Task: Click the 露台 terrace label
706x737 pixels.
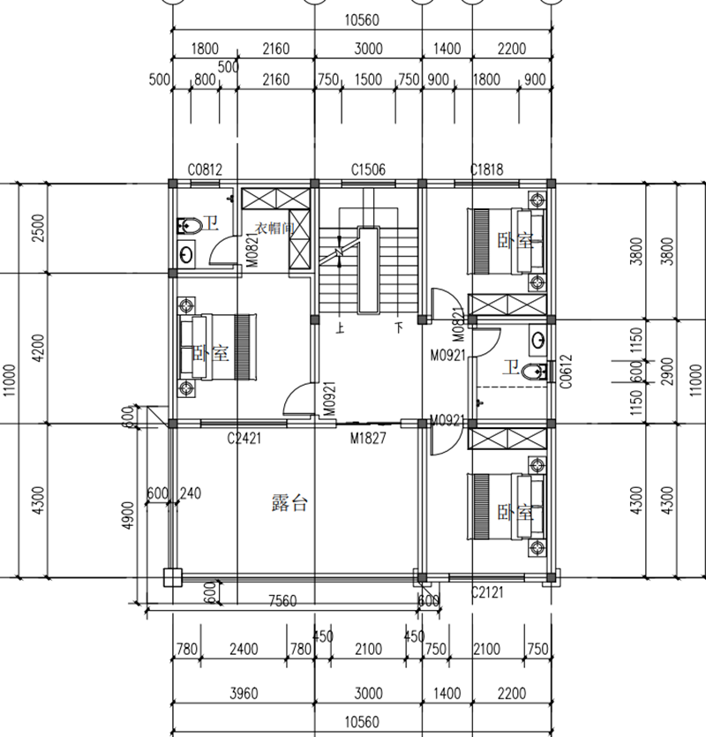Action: pyautogui.click(x=289, y=503)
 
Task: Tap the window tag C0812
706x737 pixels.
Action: pyautogui.click(x=205, y=169)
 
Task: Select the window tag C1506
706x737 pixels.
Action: pyautogui.click(x=368, y=169)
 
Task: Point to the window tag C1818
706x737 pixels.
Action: pyautogui.click(x=487, y=169)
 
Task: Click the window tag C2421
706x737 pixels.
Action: pyautogui.click(x=244, y=439)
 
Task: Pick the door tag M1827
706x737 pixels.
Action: pyautogui.click(x=368, y=439)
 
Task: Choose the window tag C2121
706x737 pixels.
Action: pyautogui.click(x=487, y=592)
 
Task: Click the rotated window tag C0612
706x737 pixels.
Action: pyautogui.click(x=567, y=372)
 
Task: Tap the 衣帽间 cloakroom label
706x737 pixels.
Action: pyautogui.click(x=274, y=229)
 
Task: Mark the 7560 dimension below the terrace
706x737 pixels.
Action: pyautogui.click(x=282, y=601)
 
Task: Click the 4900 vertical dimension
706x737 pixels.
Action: pyautogui.click(x=128, y=515)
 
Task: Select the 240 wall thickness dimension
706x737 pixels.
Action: pyautogui.click(x=191, y=493)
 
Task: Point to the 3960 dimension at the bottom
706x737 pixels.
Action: pyautogui.click(x=244, y=693)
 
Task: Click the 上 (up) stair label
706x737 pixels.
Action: pyautogui.click(x=340, y=327)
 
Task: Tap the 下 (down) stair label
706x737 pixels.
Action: pyautogui.click(x=399, y=327)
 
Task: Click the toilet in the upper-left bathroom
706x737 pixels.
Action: pyautogui.click(x=190, y=226)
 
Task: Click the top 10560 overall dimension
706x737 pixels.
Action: pyautogui.click(x=362, y=20)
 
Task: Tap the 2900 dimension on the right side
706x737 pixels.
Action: pyautogui.click(x=667, y=372)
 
